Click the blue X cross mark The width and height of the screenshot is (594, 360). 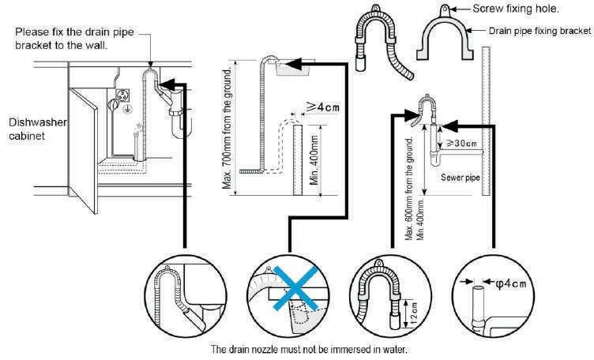296,288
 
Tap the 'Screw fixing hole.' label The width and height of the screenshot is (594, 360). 516,9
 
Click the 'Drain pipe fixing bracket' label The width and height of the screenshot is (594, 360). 539,31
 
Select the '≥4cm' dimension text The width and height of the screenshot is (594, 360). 322,107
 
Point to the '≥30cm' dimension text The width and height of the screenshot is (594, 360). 461,143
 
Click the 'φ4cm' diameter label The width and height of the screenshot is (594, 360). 510,283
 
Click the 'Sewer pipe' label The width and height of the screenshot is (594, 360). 461,178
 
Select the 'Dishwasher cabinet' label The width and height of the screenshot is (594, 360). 37,129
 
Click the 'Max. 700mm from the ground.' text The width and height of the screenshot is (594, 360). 227,129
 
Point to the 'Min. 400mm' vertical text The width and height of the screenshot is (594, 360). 314,160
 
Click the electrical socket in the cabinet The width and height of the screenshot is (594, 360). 122,96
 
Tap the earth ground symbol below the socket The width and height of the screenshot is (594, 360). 129,110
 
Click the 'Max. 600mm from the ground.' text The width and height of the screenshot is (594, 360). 409,189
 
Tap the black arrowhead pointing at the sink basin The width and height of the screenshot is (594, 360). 295,64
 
